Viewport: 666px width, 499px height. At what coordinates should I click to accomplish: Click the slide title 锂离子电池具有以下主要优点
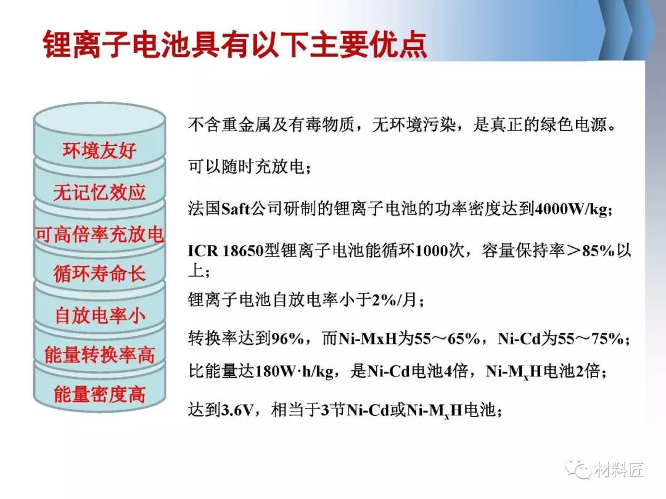click(x=235, y=44)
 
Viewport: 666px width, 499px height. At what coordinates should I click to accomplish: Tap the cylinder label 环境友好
click(x=99, y=150)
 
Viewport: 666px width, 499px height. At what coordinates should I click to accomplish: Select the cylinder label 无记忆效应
click(x=99, y=192)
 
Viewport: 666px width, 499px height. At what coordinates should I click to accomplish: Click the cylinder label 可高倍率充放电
click(x=99, y=234)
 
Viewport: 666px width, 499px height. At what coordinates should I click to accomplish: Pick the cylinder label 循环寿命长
click(x=99, y=274)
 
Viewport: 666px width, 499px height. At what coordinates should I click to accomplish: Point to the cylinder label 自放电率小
click(x=99, y=315)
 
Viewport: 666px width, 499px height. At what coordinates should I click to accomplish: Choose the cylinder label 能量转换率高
click(x=99, y=355)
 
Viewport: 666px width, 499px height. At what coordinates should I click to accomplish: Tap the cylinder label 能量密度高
click(x=99, y=394)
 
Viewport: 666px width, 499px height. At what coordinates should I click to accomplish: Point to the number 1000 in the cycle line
click(x=430, y=251)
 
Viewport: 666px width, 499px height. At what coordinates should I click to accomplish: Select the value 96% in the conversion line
click(x=287, y=338)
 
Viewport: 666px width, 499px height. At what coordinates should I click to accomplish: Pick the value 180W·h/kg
click(x=294, y=371)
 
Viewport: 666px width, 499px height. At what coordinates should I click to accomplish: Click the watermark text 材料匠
click(x=619, y=469)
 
